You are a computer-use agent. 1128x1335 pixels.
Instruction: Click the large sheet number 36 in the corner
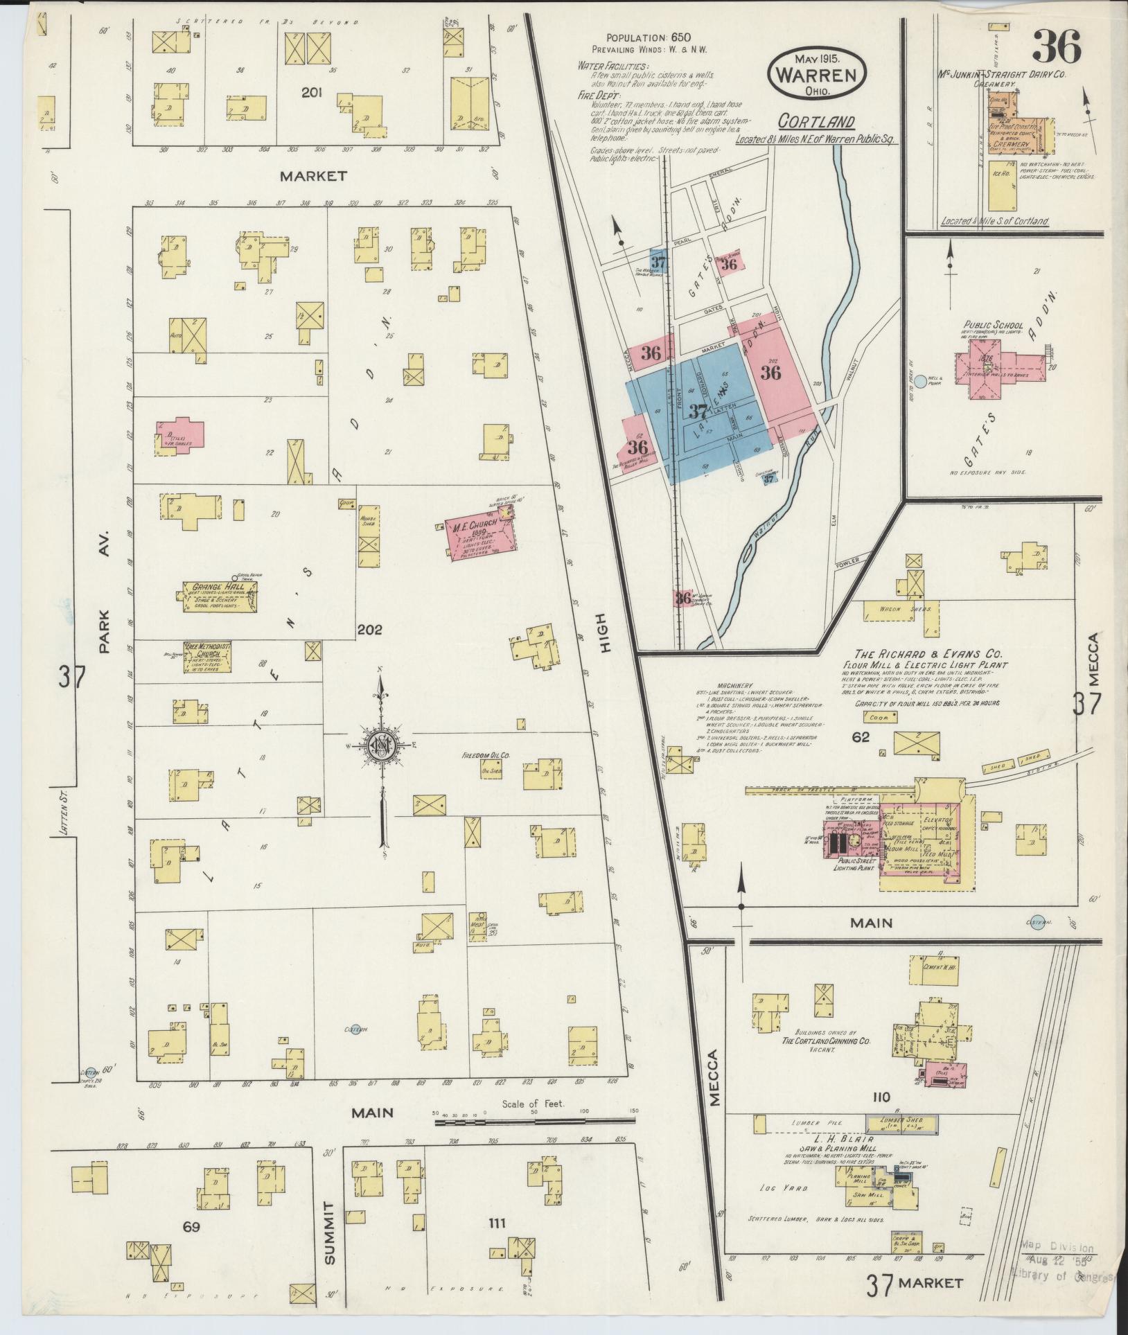tap(1056, 47)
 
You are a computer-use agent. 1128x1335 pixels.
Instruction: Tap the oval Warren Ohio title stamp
tap(816, 71)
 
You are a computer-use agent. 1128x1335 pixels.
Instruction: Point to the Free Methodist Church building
tap(206, 657)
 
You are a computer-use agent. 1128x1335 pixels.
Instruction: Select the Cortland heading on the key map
tap(816, 122)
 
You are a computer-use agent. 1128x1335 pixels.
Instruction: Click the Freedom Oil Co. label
tap(486, 754)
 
